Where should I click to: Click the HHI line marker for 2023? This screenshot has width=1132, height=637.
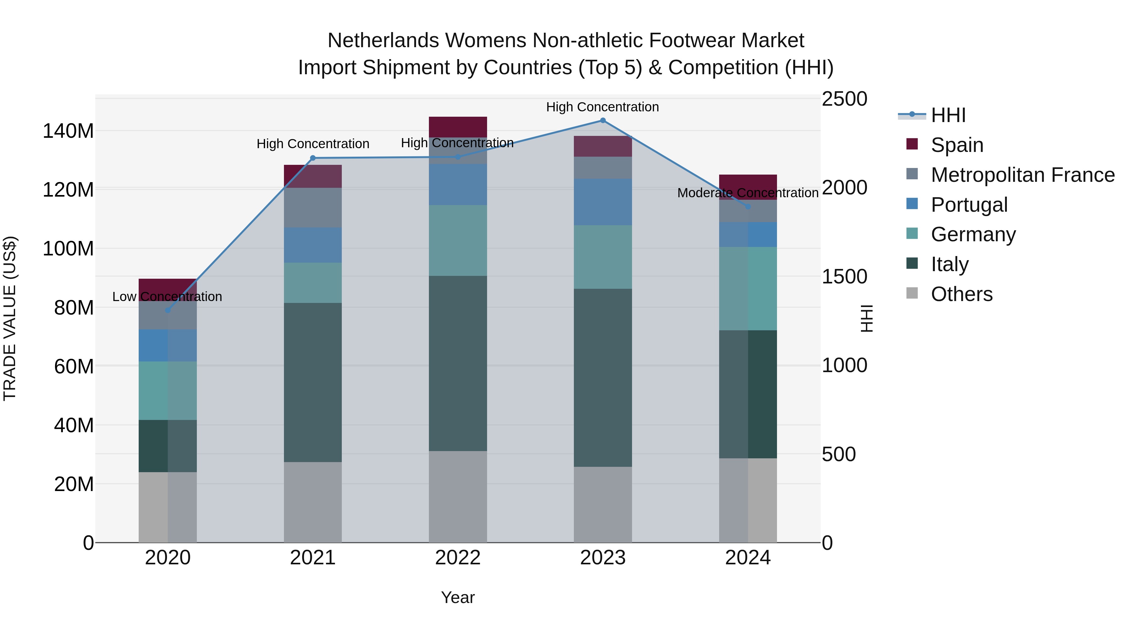602,120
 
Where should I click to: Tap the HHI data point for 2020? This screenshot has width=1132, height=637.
167,310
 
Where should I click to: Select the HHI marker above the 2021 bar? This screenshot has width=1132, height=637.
313,158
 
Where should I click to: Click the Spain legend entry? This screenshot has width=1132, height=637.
957,145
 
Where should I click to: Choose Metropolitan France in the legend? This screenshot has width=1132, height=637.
1022,175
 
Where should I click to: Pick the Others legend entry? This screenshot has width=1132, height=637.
962,294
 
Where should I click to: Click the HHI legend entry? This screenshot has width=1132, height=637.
948,115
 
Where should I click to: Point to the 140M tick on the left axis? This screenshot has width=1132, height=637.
68,131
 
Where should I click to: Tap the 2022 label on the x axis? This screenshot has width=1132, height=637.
458,558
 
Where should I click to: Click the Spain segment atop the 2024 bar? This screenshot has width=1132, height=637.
747,184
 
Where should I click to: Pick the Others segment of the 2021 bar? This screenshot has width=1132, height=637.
313,502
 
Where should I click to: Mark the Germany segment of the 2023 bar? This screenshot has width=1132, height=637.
602,257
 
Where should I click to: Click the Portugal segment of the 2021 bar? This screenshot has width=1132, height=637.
313,245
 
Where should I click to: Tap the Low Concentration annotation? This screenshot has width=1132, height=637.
167,297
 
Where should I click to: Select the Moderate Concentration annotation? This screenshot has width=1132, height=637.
747,193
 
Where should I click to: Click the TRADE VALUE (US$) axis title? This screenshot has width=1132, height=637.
10,318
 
